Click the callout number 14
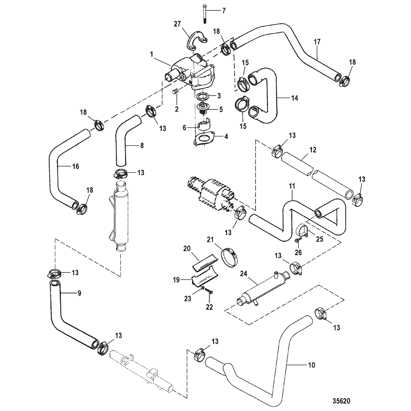tap(295, 98)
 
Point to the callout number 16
tap(75, 166)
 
